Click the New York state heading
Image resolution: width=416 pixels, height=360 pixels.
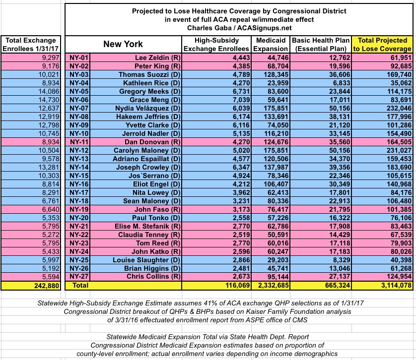point(123,44)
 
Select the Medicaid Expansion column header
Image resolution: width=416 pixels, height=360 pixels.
point(270,44)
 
